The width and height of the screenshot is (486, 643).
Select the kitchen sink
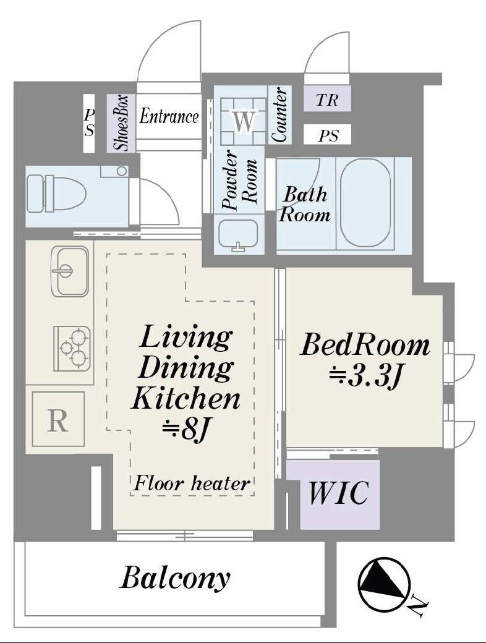[70, 271]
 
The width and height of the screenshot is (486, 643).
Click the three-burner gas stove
[72, 348]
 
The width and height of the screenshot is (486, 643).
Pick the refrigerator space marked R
[58, 419]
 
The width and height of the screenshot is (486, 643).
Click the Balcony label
[175, 579]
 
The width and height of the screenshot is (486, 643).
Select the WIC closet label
[338, 493]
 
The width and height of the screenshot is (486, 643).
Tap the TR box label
[327, 100]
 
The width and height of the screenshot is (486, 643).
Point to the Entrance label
[169, 116]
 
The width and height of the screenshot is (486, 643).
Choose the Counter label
[279, 115]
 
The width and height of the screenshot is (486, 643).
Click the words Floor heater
[192, 483]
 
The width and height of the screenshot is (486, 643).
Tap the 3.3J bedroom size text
[365, 377]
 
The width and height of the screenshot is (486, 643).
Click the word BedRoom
[365, 345]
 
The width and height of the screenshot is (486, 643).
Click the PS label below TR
[328, 135]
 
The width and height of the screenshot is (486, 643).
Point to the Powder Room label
[239, 181]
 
